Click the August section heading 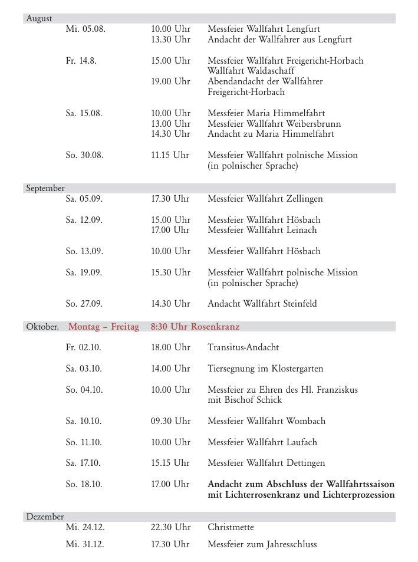click(x=39, y=19)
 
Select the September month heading click(x=45, y=189)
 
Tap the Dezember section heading click(x=45, y=517)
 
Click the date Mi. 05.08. click(x=85, y=29)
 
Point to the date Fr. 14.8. click(x=83, y=61)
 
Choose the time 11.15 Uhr click(x=170, y=156)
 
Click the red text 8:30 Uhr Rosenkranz click(x=195, y=327)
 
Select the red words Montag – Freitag click(x=104, y=327)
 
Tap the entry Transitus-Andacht click(x=243, y=348)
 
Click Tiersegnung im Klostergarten click(x=265, y=369)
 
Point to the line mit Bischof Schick click(x=245, y=400)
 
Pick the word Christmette click(x=231, y=527)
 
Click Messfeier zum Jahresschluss click(x=262, y=544)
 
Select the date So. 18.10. click(x=84, y=484)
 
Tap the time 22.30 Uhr click(x=170, y=527)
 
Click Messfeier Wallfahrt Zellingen click(x=265, y=199)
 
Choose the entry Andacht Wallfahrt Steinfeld click(x=262, y=304)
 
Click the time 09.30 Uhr click(x=170, y=421)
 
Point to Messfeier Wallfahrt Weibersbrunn click(x=274, y=124)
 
